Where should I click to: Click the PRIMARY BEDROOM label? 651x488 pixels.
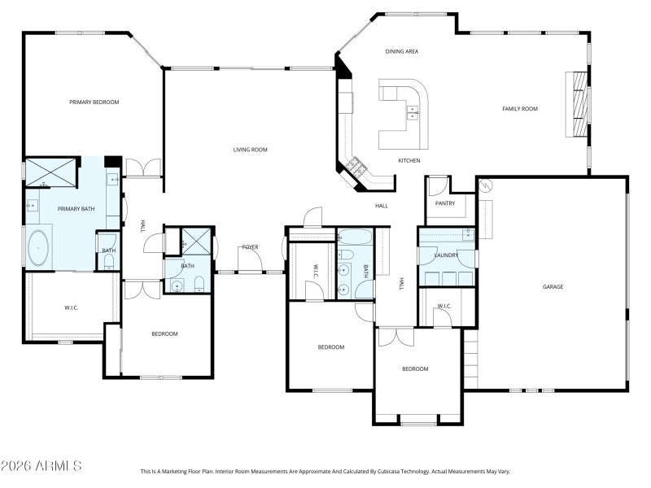(94, 102)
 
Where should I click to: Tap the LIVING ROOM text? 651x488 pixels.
(250, 150)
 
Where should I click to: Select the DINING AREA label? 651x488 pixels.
(401, 51)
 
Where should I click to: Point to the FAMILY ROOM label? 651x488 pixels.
(519, 108)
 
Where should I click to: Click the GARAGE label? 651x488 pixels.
(553, 286)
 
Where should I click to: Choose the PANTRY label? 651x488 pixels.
(444, 203)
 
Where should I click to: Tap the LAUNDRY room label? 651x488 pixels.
(446, 255)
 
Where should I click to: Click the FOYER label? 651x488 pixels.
(249, 246)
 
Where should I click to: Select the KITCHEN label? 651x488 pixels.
(409, 160)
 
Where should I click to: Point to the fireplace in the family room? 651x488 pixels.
(579, 106)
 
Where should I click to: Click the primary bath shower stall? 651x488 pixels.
(50, 172)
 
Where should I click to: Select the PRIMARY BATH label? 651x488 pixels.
(76, 209)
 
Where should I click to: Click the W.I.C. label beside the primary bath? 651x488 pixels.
(72, 307)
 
